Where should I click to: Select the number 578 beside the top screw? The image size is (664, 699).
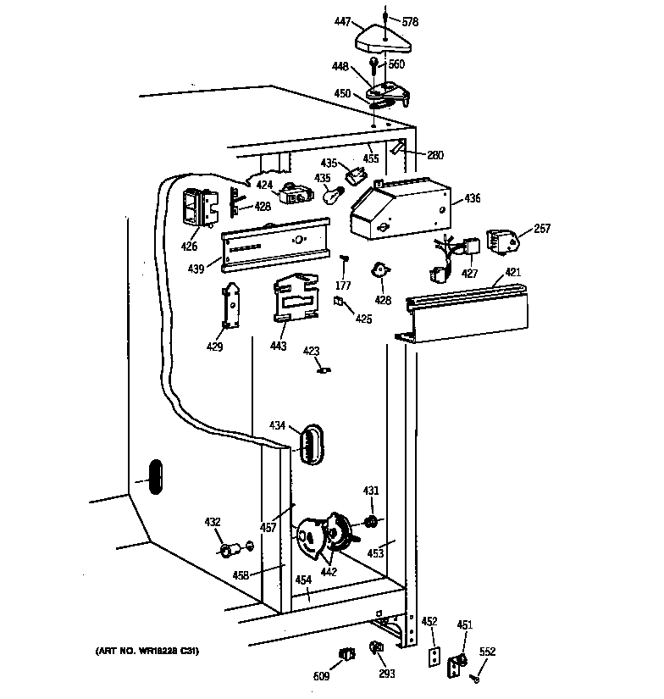(x=410, y=21)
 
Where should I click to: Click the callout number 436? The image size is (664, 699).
(x=472, y=199)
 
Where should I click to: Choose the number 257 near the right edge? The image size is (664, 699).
(x=541, y=230)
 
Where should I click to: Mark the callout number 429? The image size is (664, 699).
(x=215, y=347)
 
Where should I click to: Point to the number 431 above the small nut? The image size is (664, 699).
(x=371, y=491)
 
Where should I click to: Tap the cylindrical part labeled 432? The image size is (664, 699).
(x=229, y=552)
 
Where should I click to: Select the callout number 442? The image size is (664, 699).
(x=329, y=572)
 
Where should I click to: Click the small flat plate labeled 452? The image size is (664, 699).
(x=434, y=658)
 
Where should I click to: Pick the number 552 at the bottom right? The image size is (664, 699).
(x=487, y=652)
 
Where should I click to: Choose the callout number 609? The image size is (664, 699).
(x=321, y=677)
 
